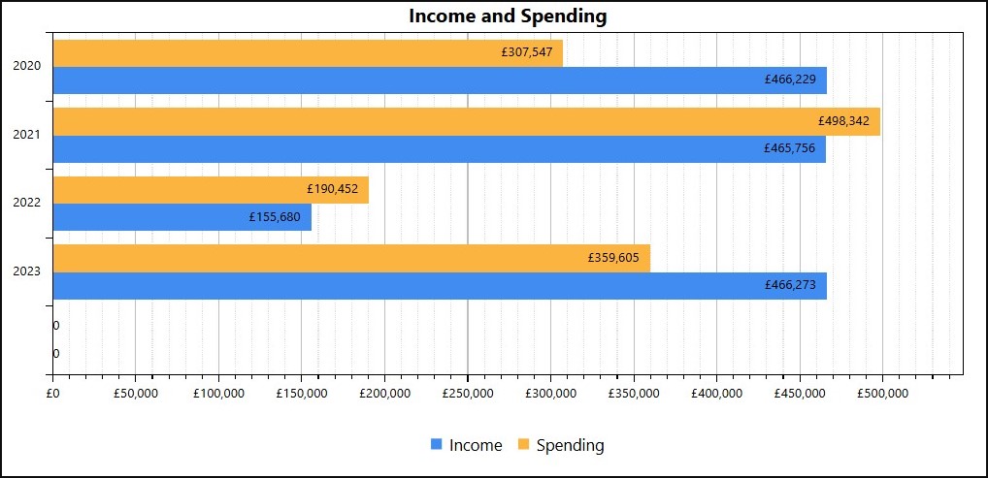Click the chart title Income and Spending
coord(508,16)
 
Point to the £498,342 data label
coord(843,121)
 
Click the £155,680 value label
coord(275,217)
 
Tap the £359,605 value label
coord(613,258)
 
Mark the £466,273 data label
coord(790,286)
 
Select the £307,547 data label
coord(527,52)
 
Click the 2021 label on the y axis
coord(27,135)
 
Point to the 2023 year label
coord(27,271)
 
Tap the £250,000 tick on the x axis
coord(468,393)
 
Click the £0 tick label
coord(53,393)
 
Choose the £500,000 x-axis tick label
coord(882,393)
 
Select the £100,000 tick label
coord(218,393)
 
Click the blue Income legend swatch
coord(437,444)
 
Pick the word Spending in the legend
coord(570,445)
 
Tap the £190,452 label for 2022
coord(334,190)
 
